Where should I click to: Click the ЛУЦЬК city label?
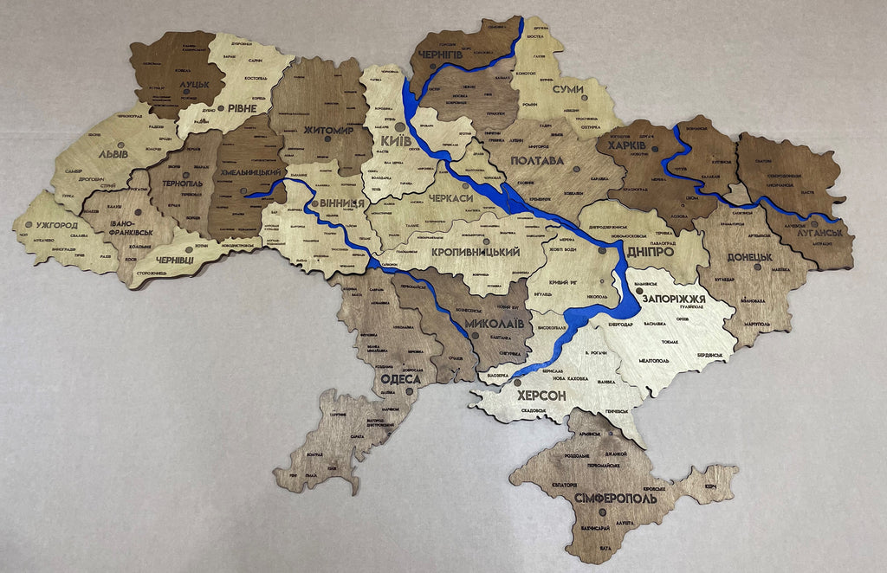pyautogui.click(x=195, y=87)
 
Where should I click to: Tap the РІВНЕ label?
pyautogui.click(x=242, y=110)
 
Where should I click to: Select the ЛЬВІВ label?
pyautogui.click(x=113, y=154)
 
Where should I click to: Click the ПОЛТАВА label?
pyautogui.click(x=538, y=161)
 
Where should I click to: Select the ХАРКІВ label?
pyautogui.click(x=627, y=145)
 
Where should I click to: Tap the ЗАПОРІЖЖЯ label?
pyautogui.click(x=675, y=298)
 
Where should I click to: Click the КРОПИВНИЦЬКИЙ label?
pyautogui.click(x=475, y=252)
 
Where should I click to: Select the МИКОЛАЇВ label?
pyautogui.click(x=494, y=323)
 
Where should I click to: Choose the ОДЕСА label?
pyautogui.click(x=400, y=379)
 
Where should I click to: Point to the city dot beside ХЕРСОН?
pyautogui.click(x=517, y=382)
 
